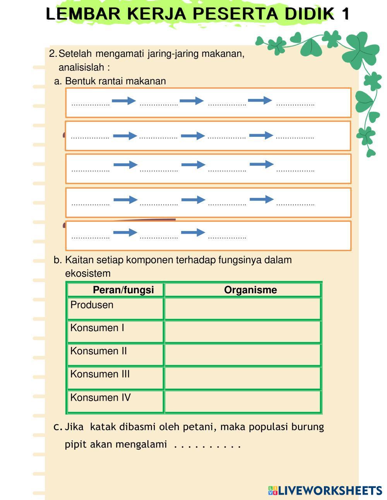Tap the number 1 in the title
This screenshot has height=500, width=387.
click(x=345, y=14)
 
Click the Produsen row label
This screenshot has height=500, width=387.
click(x=92, y=305)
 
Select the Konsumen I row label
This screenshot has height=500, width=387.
click(x=97, y=328)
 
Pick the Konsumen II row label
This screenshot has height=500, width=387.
click(x=98, y=351)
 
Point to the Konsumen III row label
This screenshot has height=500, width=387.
click(x=100, y=374)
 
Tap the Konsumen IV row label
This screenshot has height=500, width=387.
click(x=100, y=398)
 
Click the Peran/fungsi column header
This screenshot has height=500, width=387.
click(x=123, y=290)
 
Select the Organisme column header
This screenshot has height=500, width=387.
click(x=250, y=290)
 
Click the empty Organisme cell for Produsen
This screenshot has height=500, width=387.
click(x=243, y=309)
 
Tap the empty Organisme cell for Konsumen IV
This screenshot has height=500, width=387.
click(x=243, y=401)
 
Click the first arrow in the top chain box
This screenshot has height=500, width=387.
click(x=124, y=101)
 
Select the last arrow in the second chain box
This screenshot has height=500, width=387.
click(x=261, y=135)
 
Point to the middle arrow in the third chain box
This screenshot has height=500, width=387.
click(x=193, y=165)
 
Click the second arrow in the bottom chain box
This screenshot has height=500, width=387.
click(x=193, y=232)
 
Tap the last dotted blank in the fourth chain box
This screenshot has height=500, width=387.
click(x=295, y=204)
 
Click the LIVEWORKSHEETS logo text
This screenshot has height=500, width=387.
click(x=330, y=491)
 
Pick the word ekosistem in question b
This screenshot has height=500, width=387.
click(x=88, y=274)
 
